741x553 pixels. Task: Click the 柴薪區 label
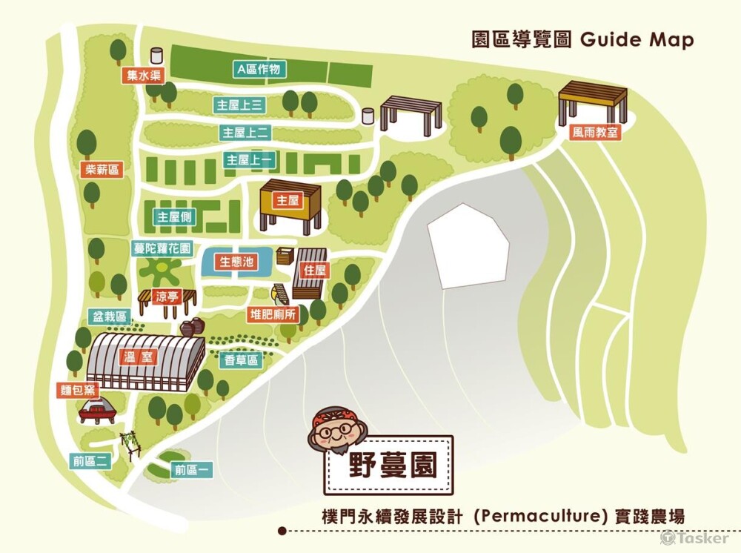(102, 170)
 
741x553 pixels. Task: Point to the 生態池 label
(236, 262)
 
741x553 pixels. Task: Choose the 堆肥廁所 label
(272, 314)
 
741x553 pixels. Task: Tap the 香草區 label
(242, 360)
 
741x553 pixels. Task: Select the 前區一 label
(193, 469)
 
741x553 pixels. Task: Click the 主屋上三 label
(238, 105)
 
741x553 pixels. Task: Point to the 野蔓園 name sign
(392, 465)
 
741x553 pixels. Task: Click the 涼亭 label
(168, 297)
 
